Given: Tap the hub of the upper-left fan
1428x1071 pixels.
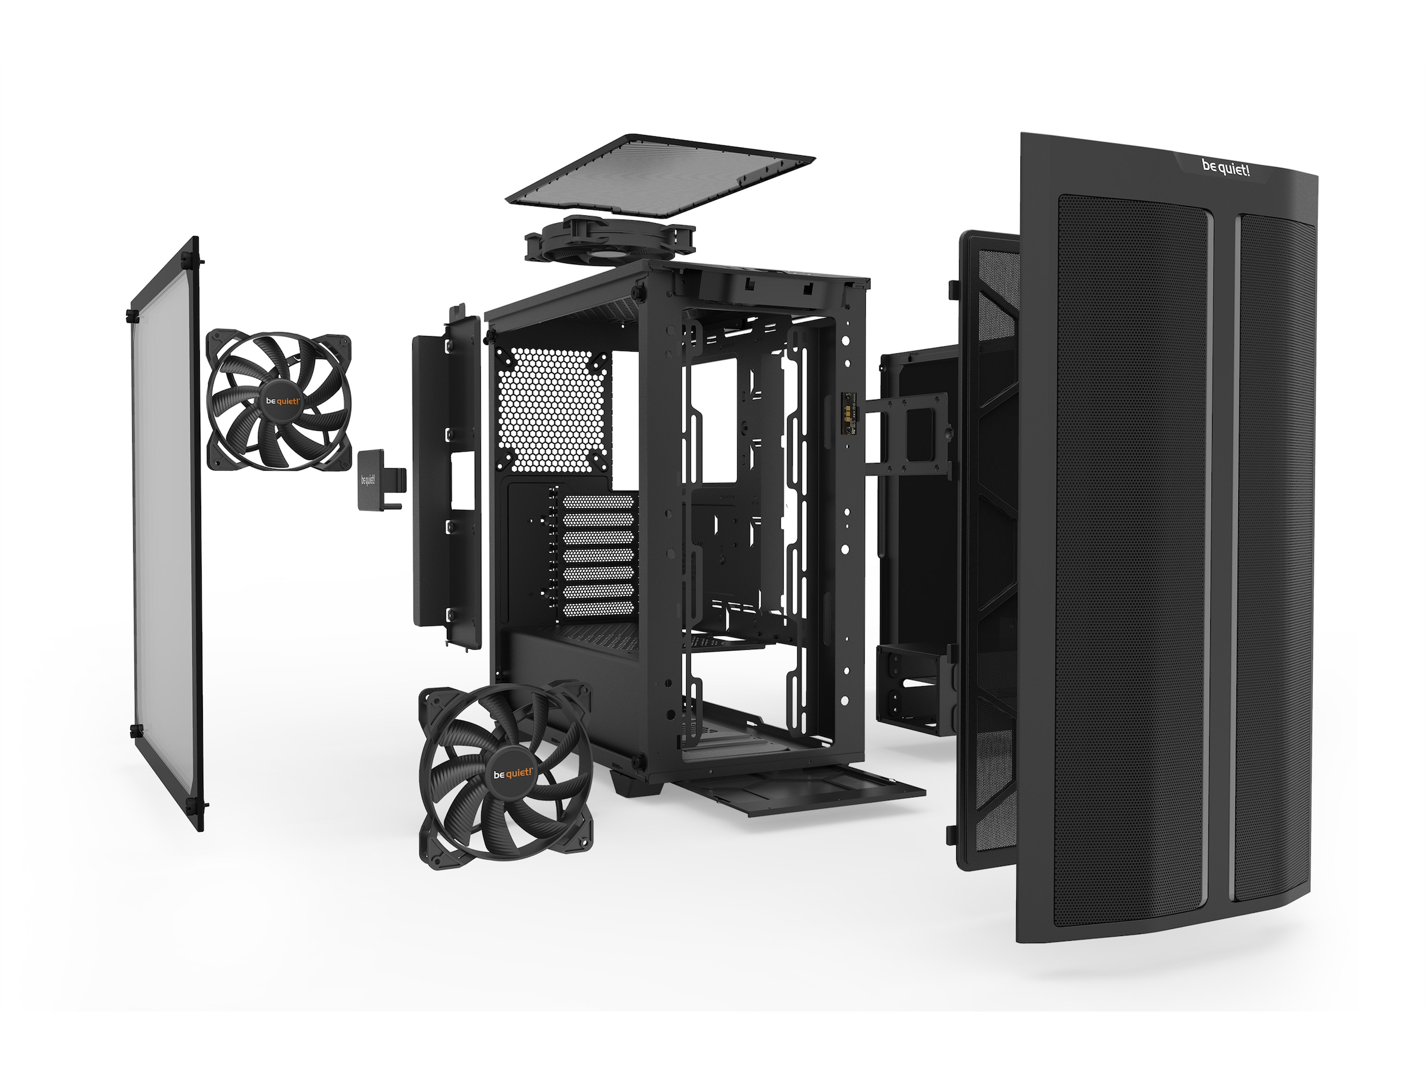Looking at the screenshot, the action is tap(282, 401).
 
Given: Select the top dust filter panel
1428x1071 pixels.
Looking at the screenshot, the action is tap(660, 176).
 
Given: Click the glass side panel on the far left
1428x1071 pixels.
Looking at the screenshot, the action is tap(167, 535).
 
